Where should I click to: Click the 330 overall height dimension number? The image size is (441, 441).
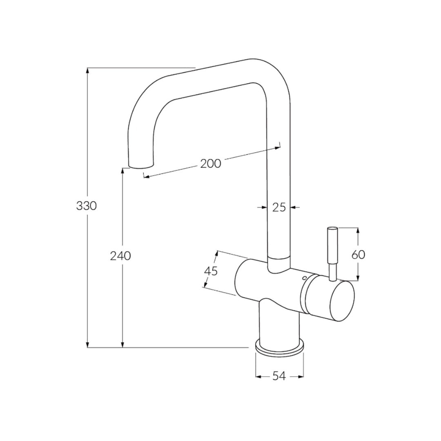[x=87, y=206]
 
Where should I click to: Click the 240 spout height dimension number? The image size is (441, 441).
[x=120, y=256]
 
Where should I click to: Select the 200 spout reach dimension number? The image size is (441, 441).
[x=211, y=163]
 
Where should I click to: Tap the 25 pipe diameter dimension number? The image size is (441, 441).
[x=279, y=207]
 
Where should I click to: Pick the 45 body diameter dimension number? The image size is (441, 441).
[x=211, y=271]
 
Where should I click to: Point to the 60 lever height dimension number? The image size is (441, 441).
[x=358, y=255]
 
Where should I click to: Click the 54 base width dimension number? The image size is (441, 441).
[x=279, y=376]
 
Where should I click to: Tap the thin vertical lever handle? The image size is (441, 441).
[x=332, y=249]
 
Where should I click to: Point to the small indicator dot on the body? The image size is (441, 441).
[x=304, y=278]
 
